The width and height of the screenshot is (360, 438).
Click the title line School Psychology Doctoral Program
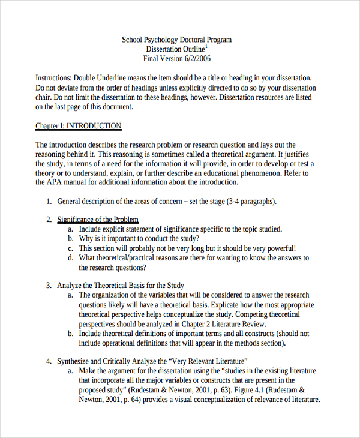[x=176, y=40]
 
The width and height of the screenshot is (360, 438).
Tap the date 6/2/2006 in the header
[x=194, y=59]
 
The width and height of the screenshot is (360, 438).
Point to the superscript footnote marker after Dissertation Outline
[x=206, y=46]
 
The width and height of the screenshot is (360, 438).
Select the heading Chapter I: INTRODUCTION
[x=78, y=126]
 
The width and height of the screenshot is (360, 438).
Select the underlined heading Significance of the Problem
[x=98, y=220]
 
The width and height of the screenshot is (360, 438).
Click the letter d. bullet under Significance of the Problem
[x=71, y=258]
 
